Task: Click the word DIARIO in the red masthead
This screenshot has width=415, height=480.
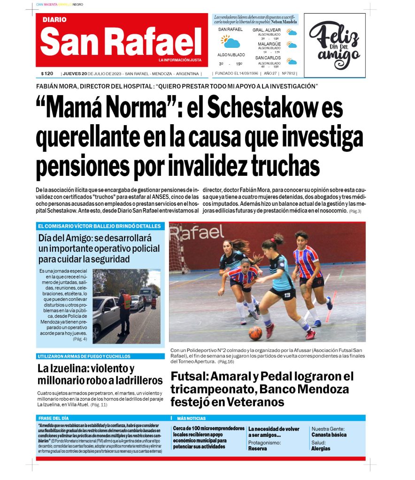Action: click(x=54, y=20)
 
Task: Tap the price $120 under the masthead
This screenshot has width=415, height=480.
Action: click(x=47, y=74)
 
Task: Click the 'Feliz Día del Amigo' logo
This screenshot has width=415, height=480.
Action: click(x=334, y=45)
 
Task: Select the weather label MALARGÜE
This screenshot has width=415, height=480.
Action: click(x=269, y=44)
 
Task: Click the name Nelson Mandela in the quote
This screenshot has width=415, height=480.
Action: click(x=284, y=22)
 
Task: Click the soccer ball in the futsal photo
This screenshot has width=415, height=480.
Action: click(x=255, y=333)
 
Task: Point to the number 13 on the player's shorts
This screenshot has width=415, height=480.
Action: click(x=286, y=295)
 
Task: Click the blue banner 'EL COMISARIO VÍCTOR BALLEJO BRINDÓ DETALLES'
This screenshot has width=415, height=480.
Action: click(x=100, y=226)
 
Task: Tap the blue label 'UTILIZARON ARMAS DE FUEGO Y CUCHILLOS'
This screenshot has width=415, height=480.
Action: click(x=85, y=356)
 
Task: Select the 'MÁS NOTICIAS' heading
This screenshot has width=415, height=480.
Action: click(x=191, y=418)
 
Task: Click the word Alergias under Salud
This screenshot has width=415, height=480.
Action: click(x=321, y=448)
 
